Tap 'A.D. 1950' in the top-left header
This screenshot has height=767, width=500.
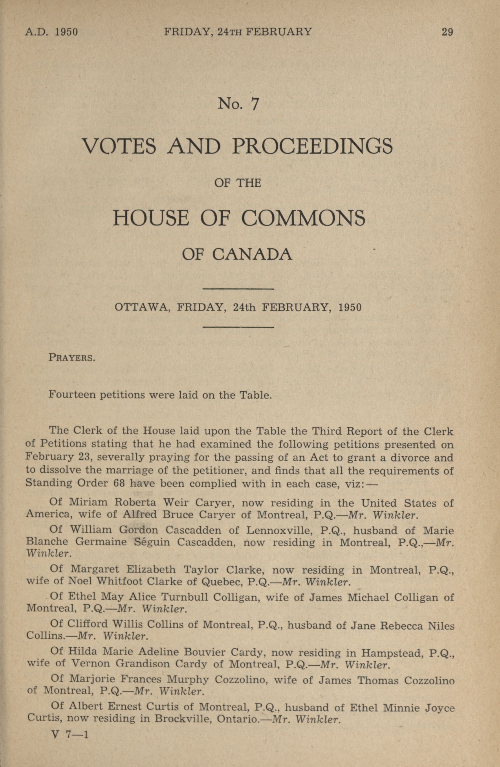tap(52, 32)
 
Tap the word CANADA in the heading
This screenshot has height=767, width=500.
tap(252, 255)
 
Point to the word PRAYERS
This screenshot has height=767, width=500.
tap(72, 358)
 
